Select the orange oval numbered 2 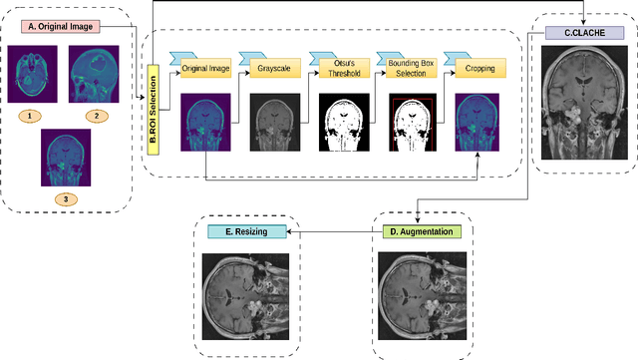coord(96,115)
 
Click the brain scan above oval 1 coord(36,72)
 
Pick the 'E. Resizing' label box coord(246,231)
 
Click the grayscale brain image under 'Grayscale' coord(274,123)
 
